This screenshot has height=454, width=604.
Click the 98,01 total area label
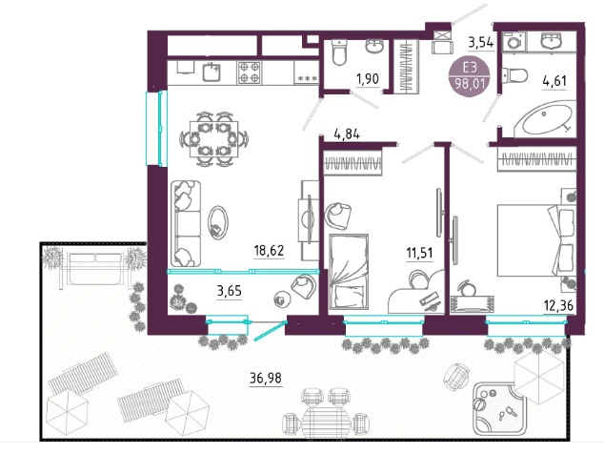470,83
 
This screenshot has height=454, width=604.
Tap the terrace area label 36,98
266,378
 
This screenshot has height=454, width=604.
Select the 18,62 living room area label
269,251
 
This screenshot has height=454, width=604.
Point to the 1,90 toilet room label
368,79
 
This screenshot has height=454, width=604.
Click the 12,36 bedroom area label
558,306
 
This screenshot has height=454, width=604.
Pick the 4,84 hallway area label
347,134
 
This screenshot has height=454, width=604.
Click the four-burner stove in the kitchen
249,72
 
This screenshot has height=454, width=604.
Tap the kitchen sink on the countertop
211,72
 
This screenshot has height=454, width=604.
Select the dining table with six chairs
213,139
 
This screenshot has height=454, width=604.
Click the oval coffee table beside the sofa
217,222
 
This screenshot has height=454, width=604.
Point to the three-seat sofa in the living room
186,223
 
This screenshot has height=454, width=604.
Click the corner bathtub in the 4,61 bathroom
545,118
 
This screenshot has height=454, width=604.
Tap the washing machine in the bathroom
514,41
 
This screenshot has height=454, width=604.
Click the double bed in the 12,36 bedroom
536,240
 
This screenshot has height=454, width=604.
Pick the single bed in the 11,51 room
349,272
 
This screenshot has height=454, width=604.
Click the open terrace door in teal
271,331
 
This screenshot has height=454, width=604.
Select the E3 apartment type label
470,68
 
